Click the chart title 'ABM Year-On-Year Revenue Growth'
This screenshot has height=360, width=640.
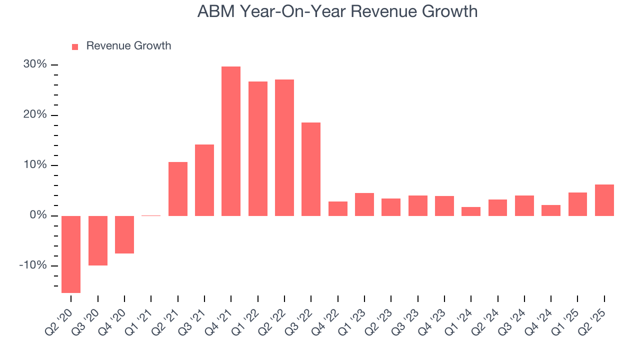tap(337, 11)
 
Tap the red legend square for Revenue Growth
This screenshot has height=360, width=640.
tap(75, 46)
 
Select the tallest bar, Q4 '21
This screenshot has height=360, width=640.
tap(231, 141)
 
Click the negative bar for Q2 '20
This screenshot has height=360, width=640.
tap(71, 254)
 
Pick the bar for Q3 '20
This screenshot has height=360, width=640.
tap(98, 240)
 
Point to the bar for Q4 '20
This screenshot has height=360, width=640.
tap(124, 234)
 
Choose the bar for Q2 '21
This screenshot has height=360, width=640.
tap(178, 188)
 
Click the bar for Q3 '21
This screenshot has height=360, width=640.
tap(204, 180)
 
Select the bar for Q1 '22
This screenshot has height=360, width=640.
tap(258, 148)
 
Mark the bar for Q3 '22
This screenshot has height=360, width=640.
tap(311, 169)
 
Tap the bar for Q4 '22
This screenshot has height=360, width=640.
tap(338, 208)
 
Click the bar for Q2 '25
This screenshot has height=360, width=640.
tap(604, 200)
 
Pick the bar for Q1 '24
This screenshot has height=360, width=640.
tap(471, 211)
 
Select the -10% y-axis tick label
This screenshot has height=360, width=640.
tap(33, 265)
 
